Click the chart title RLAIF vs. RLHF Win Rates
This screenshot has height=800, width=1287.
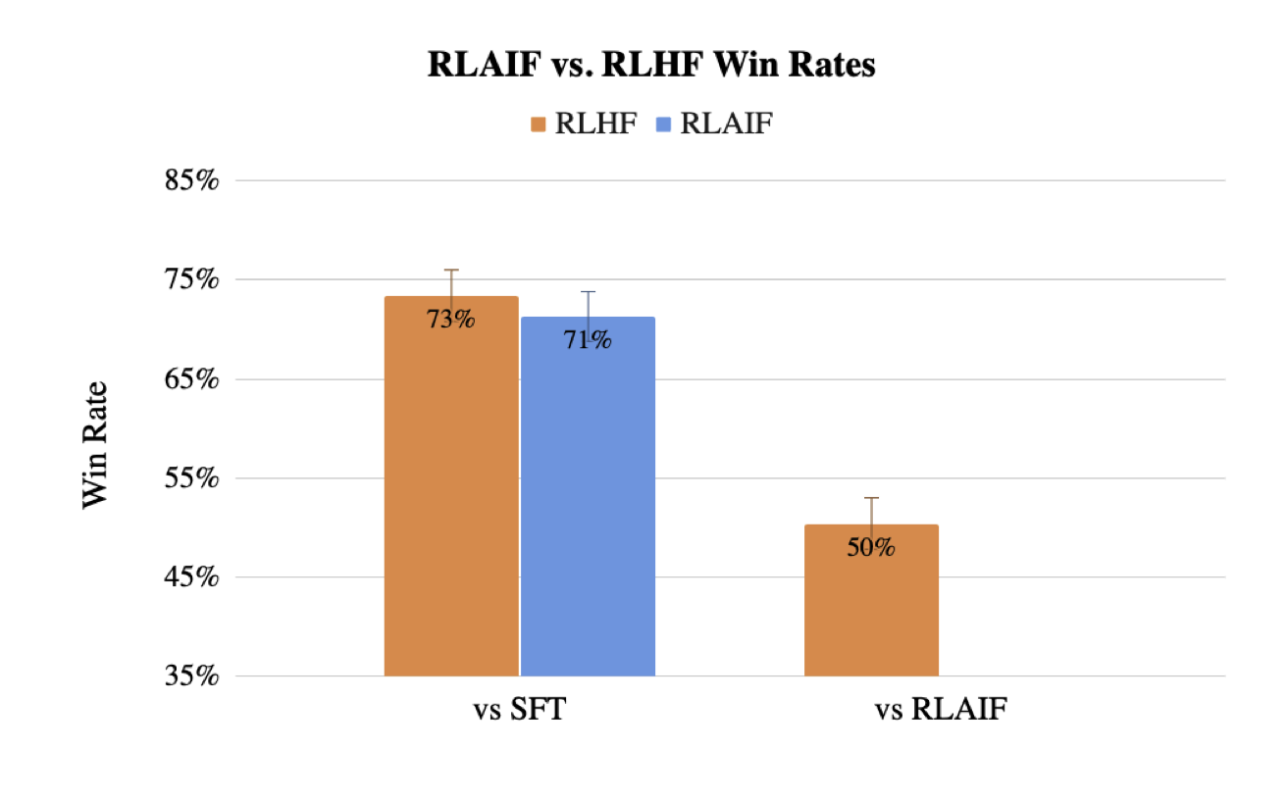650,66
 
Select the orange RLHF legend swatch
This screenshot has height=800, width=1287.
538,124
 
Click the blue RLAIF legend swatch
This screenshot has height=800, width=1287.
662,124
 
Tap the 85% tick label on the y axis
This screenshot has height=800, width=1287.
191,181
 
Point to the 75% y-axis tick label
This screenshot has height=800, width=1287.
191,280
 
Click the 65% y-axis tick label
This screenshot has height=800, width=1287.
191,379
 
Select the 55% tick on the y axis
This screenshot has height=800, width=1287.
191,478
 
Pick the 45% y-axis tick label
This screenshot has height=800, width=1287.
191,577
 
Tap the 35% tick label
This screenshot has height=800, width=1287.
191,676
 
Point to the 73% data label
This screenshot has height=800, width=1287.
450,319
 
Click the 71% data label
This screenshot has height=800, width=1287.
588,339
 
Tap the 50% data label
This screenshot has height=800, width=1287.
871,547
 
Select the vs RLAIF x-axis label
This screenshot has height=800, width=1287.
939,711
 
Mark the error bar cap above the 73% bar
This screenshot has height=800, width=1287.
451,270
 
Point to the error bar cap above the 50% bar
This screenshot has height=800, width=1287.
871,498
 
